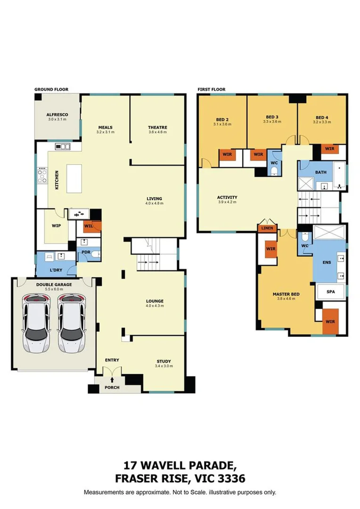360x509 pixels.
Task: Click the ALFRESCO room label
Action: click(57, 115)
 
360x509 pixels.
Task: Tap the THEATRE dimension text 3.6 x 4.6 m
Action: click(157, 132)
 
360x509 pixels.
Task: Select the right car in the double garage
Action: click(71, 323)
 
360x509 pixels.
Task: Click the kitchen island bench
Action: click(78, 178)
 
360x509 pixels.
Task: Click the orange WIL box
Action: click(89, 226)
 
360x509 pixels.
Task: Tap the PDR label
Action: click(86, 252)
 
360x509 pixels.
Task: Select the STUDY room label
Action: click(164, 361)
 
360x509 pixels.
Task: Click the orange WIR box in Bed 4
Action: click(329, 149)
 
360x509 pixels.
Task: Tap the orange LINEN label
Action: click(266, 229)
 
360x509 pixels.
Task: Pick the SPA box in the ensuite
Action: click(331, 292)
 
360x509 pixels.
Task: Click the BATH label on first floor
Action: click(321, 172)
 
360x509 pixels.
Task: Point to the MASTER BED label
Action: click(286, 294)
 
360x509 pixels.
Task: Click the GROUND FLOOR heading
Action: click(51, 89)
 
